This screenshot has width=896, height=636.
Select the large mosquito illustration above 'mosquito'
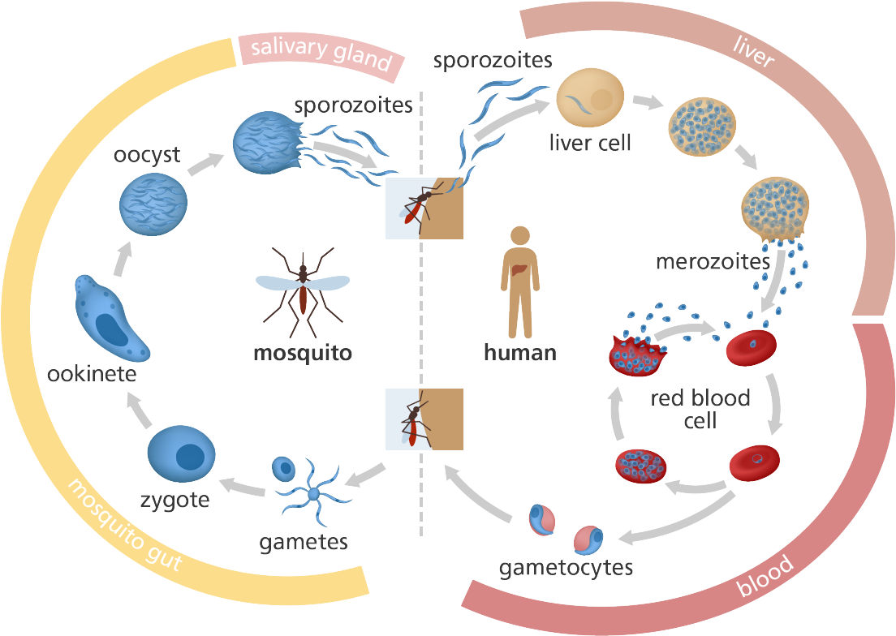click(303, 288)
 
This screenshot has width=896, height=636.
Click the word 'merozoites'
click(713, 262)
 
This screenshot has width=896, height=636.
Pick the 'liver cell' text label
click(590, 144)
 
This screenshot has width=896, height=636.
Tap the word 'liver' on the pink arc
click(753, 51)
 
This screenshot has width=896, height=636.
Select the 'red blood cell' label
click(700, 410)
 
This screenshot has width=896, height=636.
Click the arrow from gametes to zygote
click(243, 487)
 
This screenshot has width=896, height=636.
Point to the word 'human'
click(519, 352)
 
